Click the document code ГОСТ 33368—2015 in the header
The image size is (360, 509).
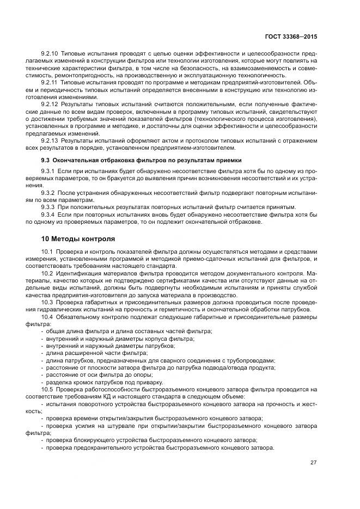pyautogui.click(x=289, y=36)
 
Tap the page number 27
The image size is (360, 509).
pyautogui.click(x=313, y=463)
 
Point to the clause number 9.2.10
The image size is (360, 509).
pyautogui.click(x=51, y=55)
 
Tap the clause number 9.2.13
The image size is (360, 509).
pyautogui.click(x=51, y=140)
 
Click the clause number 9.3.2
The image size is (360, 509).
pyautogui.click(x=49, y=193)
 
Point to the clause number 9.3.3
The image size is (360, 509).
pyautogui.click(x=49, y=207)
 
